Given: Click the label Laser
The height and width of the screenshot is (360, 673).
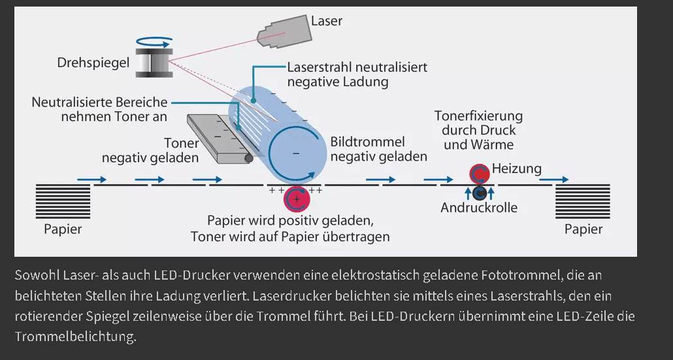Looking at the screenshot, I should click(327, 22).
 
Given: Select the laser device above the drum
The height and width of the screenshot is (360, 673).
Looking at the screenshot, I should click(282, 33).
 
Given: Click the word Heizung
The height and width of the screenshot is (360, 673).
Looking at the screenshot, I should click(517, 169).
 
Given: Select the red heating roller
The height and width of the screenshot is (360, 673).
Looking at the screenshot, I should click(480, 174).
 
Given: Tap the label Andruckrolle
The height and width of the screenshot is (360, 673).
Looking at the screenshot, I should click(479, 208).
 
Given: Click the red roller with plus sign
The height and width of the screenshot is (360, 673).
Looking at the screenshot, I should click(297, 199).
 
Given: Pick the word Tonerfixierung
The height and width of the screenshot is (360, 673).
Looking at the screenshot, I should click(479, 116).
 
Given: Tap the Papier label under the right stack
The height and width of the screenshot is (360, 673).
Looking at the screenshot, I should click(583, 229).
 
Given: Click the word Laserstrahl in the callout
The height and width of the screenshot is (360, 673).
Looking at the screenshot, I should click(319, 67).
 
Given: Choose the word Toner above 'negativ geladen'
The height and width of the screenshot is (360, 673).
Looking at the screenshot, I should click(182, 143).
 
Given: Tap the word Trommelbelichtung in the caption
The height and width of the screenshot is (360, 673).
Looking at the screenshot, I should click(75, 337).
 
